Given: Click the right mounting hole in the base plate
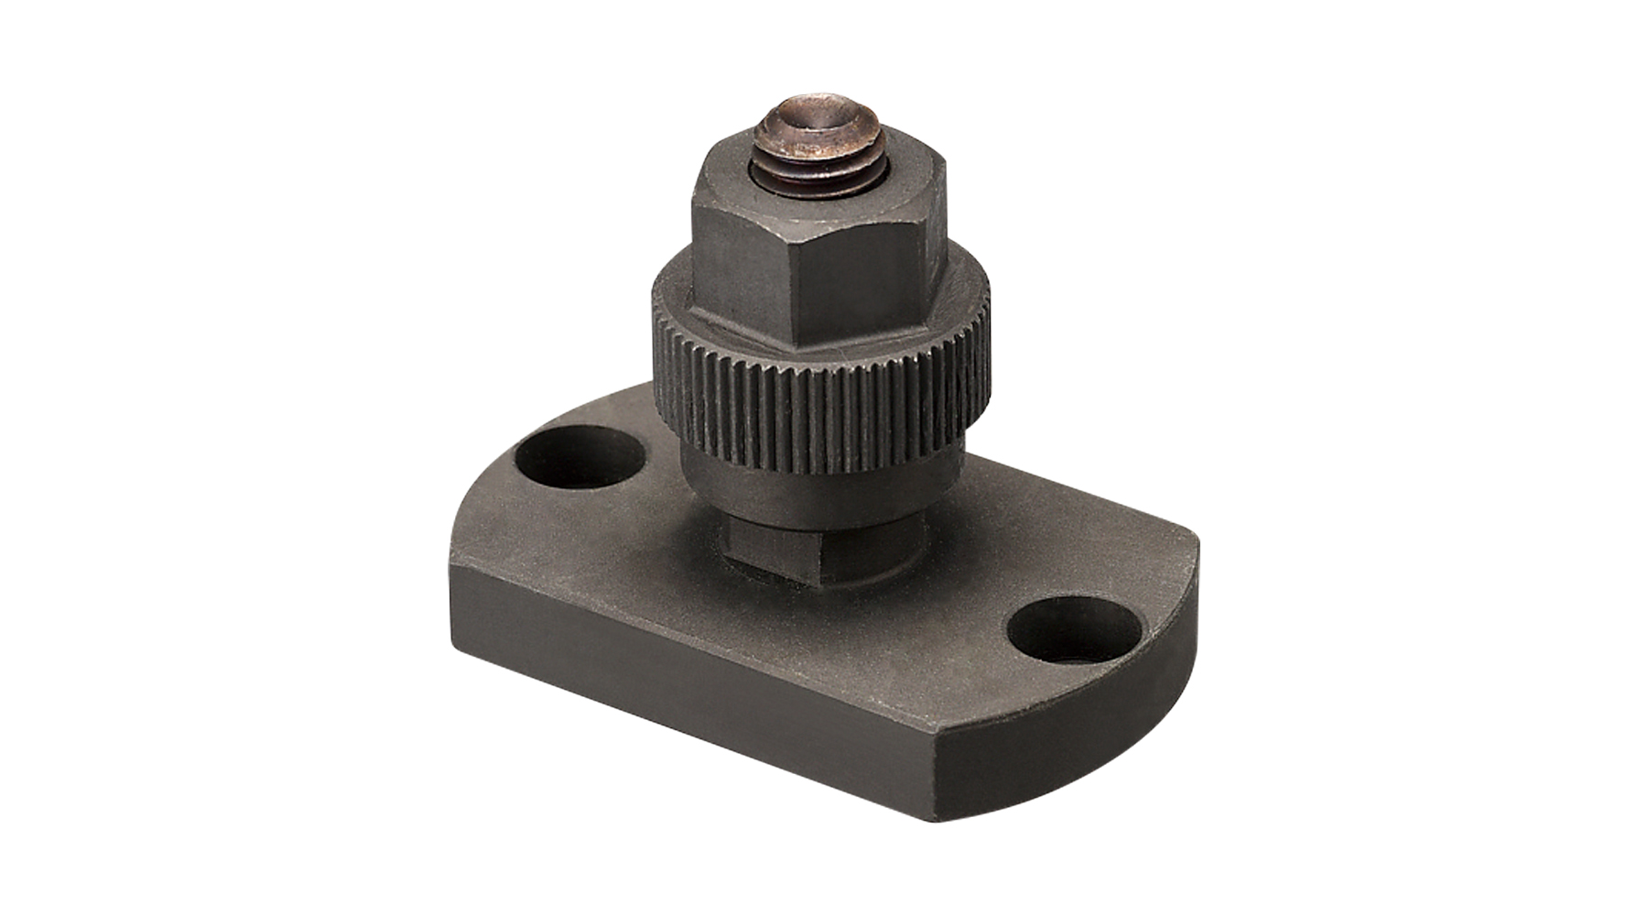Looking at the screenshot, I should coord(1073,632).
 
